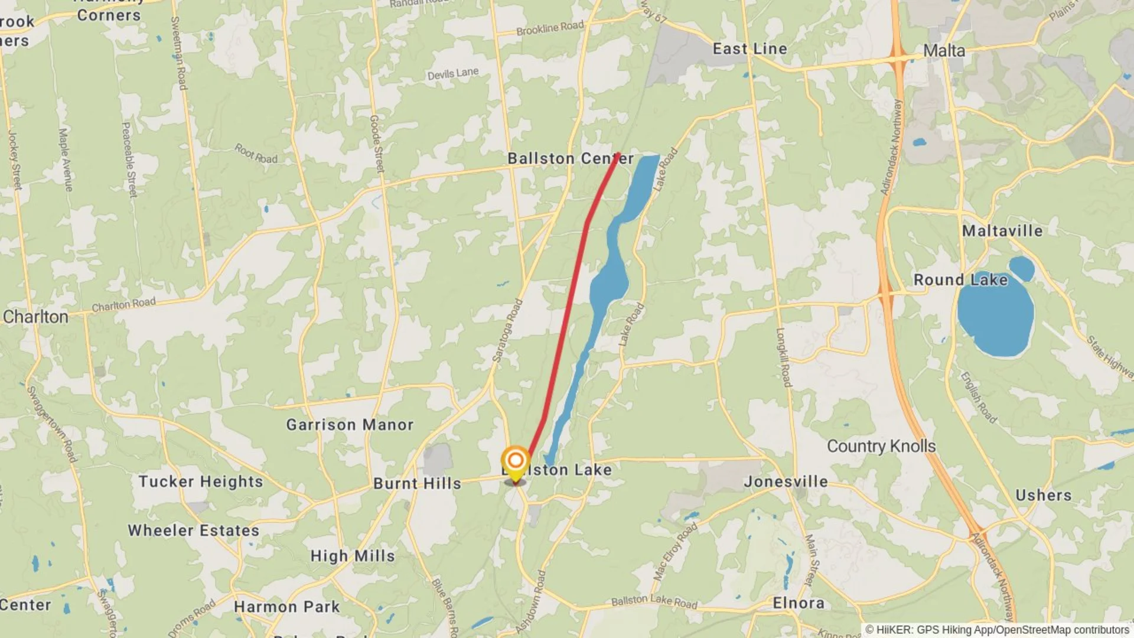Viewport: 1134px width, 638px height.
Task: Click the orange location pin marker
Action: (516, 461)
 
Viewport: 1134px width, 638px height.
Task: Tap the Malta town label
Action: (944, 51)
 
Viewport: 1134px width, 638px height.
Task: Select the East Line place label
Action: (750, 48)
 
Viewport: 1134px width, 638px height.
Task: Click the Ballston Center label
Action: (570, 158)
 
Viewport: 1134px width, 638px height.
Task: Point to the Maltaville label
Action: (1002, 230)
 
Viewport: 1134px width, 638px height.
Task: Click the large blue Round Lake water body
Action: (995, 319)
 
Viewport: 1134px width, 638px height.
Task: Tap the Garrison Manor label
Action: (350, 424)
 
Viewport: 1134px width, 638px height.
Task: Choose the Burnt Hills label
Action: (417, 483)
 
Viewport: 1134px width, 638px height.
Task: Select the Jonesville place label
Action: (786, 481)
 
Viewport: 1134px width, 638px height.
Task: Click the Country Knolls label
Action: (881, 446)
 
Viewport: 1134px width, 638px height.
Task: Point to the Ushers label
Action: (1043, 495)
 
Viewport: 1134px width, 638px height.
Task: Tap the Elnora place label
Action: (799, 603)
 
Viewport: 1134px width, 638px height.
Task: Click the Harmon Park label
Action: (287, 607)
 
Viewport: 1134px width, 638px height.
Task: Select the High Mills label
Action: (353, 556)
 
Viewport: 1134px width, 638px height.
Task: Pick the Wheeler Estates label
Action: (194, 530)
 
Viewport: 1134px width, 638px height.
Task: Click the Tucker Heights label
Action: (201, 481)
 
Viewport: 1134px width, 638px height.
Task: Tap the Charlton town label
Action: (35, 317)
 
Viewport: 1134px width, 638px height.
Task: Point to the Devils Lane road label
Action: (453, 74)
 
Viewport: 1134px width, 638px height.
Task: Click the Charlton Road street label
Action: (123, 304)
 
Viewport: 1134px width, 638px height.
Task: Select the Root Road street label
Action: (256, 154)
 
